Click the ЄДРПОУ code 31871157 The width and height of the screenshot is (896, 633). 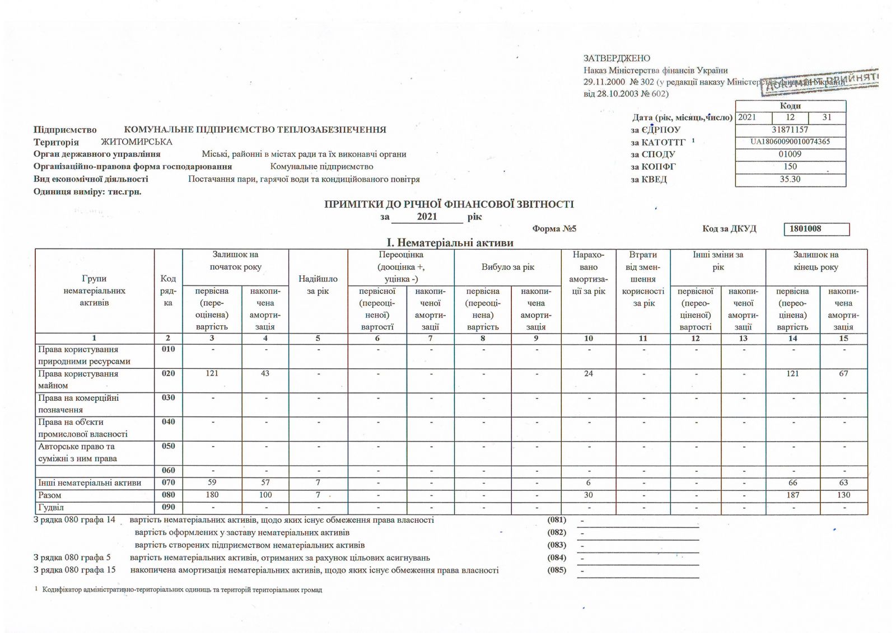tap(790, 130)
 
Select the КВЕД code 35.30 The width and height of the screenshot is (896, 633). tap(790, 180)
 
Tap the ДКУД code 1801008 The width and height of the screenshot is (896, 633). tap(805, 229)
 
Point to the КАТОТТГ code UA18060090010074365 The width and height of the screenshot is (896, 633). tap(790, 142)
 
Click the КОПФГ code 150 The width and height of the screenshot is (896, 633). tap(790, 167)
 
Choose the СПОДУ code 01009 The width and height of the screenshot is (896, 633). tap(790, 154)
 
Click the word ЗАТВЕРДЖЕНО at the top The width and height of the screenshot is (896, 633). tap(617, 58)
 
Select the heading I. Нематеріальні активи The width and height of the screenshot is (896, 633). tap(450, 243)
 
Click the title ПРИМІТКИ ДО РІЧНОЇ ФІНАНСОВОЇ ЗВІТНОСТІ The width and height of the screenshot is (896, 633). tap(449, 204)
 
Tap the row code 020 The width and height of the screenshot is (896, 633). tap(168, 374)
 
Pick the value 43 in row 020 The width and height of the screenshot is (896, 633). tap(265, 374)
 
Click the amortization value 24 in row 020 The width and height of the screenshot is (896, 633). tap(588, 374)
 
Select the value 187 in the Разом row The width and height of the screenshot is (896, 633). tap(792, 495)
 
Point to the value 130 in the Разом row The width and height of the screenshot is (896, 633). tap(843, 495)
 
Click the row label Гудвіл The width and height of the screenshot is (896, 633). tap(51, 508)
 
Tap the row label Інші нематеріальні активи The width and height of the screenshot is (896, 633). tap(90, 483)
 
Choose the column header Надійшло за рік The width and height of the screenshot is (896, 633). tap(318, 285)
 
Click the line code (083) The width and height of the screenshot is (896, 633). tap(557, 545)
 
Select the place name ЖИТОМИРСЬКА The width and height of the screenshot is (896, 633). tap(137, 142)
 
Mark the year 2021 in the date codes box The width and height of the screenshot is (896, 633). tap(747, 118)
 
